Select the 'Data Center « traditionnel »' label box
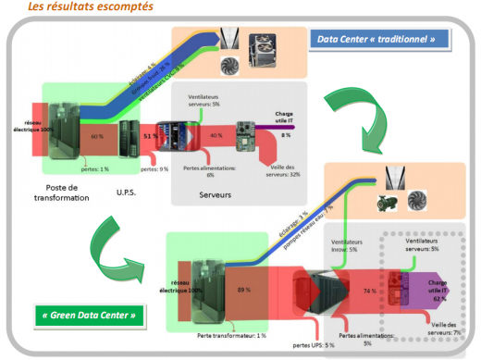(x=382, y=39)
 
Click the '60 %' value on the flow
(x=96, y=136)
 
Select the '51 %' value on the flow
(x=147, y=136)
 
